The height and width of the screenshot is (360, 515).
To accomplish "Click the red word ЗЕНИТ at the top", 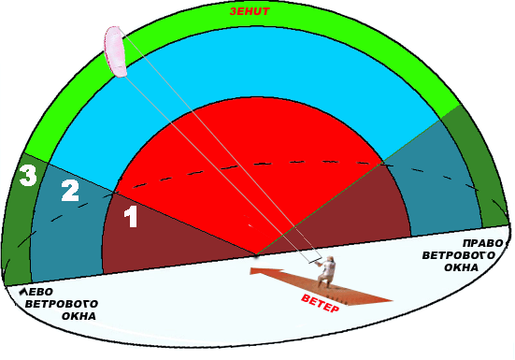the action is pos(250,11).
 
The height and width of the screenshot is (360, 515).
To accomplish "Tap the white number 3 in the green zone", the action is pos(28,176).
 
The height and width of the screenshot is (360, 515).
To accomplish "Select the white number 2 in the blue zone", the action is pos(70,191).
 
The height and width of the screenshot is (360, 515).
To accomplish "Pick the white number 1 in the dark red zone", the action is pos(131,216).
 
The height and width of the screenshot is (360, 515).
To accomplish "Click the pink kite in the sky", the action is pos(115,51).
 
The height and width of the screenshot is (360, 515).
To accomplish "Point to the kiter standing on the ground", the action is pos(326,272).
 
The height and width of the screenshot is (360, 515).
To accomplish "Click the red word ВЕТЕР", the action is pos(320,304).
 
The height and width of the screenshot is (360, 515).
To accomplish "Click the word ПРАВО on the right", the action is pos(483,243).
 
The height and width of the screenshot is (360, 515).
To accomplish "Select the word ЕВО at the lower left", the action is pos(40,292).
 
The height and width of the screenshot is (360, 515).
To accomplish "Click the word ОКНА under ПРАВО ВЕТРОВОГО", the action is pos(461,267).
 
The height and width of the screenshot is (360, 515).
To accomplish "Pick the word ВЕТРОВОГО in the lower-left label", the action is pos(62,304).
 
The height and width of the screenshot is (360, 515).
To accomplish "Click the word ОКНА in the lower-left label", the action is pos(79,316).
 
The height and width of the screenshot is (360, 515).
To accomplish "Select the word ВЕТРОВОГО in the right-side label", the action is pos(459,255).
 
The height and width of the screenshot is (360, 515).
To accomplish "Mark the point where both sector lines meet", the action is pos(256,254).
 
